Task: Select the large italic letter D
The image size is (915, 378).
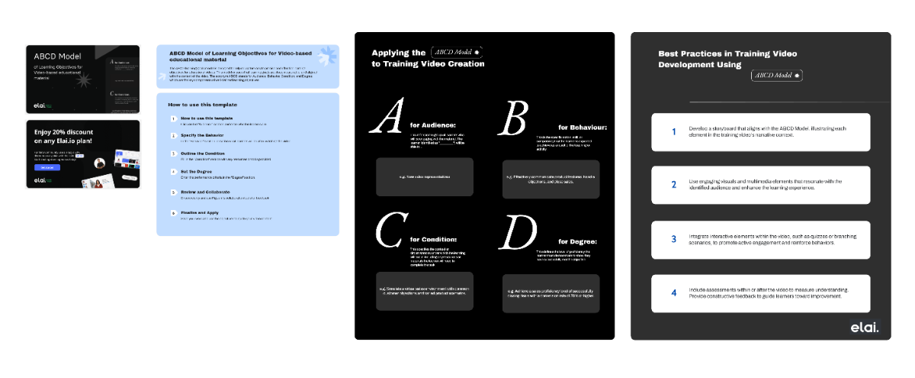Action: pos(518,231)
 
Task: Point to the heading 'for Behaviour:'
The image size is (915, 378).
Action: pos(583,127)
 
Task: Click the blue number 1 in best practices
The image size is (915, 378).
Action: pos(673,131)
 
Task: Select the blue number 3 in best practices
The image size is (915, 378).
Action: pos(673,239)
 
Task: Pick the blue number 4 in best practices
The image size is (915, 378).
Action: pos(673,292)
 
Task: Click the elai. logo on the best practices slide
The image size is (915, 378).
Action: pos(865,328)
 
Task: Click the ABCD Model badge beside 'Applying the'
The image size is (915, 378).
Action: pos(457,53)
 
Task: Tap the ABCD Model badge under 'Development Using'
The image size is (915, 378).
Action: pos(776,76)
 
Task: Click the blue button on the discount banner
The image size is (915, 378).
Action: pos(47,167)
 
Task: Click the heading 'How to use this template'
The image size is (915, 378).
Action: pos(202,105)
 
